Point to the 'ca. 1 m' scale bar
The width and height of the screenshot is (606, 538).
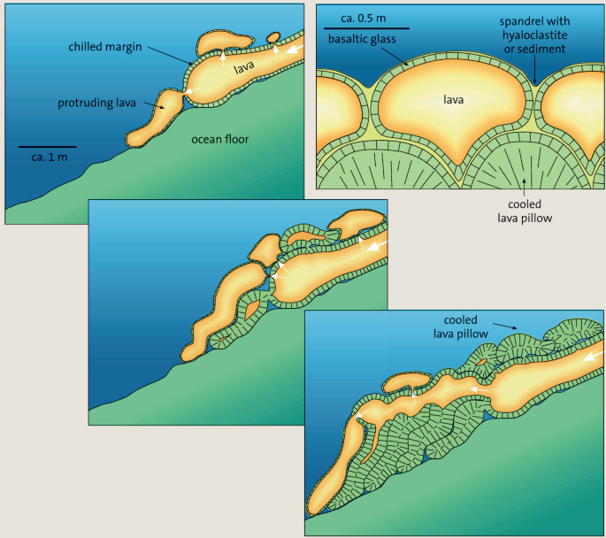pos(47,145)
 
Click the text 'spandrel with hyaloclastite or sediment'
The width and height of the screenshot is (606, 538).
pos(535,35)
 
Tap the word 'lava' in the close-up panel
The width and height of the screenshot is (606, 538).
pos(454,100)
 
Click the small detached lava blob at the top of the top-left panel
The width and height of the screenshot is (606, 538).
pos(273,37)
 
